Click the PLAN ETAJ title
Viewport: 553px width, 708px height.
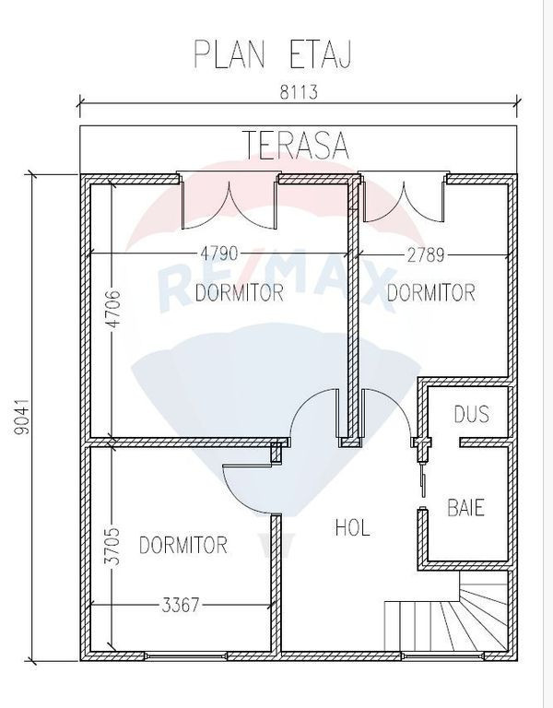point(272,54)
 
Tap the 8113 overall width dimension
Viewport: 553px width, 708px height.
point(299,92)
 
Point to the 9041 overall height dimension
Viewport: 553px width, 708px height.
point(22,417)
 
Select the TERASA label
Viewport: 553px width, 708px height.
point(297,145)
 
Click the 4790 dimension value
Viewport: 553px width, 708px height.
point(218,254)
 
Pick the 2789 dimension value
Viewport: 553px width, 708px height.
point(426,255)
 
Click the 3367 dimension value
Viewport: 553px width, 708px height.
point(180,605)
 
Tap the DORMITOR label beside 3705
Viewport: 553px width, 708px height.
point(182,545)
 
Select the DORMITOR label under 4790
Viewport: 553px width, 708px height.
point(240,292)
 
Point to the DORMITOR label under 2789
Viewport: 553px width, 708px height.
point(431,292)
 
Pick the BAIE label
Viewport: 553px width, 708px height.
point(465,507)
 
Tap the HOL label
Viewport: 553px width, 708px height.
point(353,527)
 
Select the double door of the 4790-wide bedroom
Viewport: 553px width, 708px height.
point(229,202)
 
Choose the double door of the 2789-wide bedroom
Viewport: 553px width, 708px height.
point(403,199)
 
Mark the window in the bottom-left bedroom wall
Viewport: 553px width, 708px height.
point(185,655)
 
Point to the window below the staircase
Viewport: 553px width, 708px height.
point(441,655)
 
